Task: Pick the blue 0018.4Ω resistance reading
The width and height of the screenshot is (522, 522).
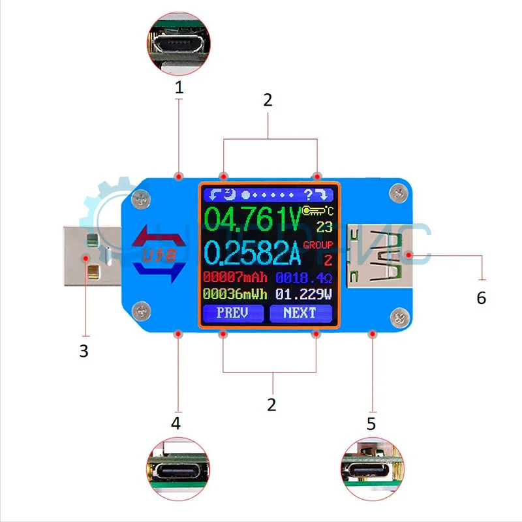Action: (303, 277)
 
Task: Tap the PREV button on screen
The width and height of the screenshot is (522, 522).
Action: (233, 313)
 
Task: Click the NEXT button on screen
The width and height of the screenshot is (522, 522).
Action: (300, 313)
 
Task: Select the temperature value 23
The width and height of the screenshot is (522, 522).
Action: (324, 226)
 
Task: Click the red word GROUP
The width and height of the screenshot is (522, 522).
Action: (318, 245)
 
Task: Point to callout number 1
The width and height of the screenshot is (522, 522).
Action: (179, 87)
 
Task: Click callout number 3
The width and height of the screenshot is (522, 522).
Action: (84, 350)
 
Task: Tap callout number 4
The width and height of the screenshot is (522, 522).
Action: (176, 423)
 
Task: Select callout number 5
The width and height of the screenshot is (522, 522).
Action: (371, 423)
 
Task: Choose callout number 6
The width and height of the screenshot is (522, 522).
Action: (482, 298)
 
